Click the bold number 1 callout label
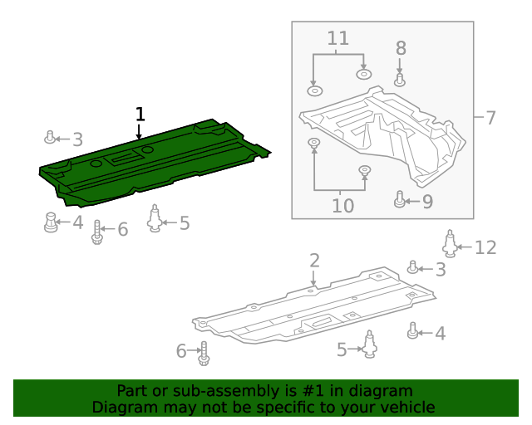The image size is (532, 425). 140,115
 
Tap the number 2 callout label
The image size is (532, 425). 314,261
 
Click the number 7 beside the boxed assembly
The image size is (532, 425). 490,118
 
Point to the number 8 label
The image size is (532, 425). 400,48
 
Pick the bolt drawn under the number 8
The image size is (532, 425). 400,80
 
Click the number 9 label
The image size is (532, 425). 426,201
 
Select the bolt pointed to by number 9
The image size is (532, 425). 400,200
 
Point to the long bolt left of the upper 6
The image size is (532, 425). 98,232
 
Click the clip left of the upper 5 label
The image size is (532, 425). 155,220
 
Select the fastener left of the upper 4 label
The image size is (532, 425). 51,222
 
